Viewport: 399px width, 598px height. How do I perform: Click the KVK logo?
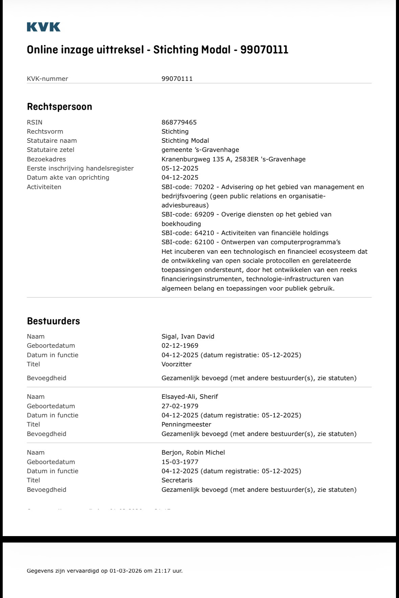pyautogui.click(x=44, y=27)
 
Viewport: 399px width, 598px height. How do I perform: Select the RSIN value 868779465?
pyautogui.click(x=179, y=122)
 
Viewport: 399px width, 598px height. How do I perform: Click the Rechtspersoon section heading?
pyautogui.click(x=60, y=107)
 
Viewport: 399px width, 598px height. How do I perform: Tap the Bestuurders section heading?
pyautogui.click(x=53, y=321)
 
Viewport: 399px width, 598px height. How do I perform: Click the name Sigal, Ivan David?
pyautogui.click(x=188, y=336)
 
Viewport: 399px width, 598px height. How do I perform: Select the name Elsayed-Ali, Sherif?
pyautogui.click(x=190, y=396)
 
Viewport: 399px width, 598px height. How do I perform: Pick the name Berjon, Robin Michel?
pyautogui.click(x=193, y=452)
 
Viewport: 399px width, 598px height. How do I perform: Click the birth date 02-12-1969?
pyautogui.click(x=180, y=345)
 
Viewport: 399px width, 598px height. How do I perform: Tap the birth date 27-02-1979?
pyautogui.click(x=180, y=406)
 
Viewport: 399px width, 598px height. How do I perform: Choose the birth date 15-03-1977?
pyautogui.click(x=180, y=462)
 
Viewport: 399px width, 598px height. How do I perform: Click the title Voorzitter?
pyautogui.click(x=176, y=364)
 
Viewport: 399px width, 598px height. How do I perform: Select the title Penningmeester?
pyautogui.click(x=186, y=424)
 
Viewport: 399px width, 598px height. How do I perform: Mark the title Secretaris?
pyautogui.click(x=177, y=480)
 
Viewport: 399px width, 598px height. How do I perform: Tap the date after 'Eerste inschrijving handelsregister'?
pyautogui.click(x=180, y=168)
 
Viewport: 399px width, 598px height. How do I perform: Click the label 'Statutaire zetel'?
pyautogui.click(x=50, y=149)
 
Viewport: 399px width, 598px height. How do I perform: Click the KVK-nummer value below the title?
pyautogui.click(x=177, y=79)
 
